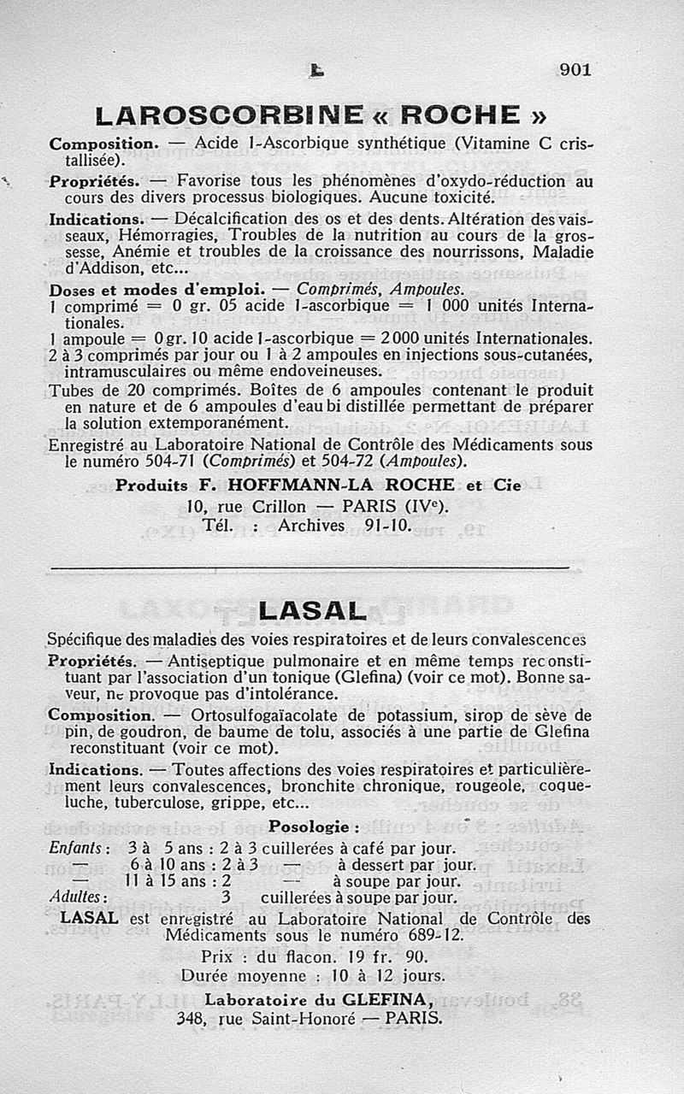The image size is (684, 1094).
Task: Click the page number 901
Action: [x=575, y=70]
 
